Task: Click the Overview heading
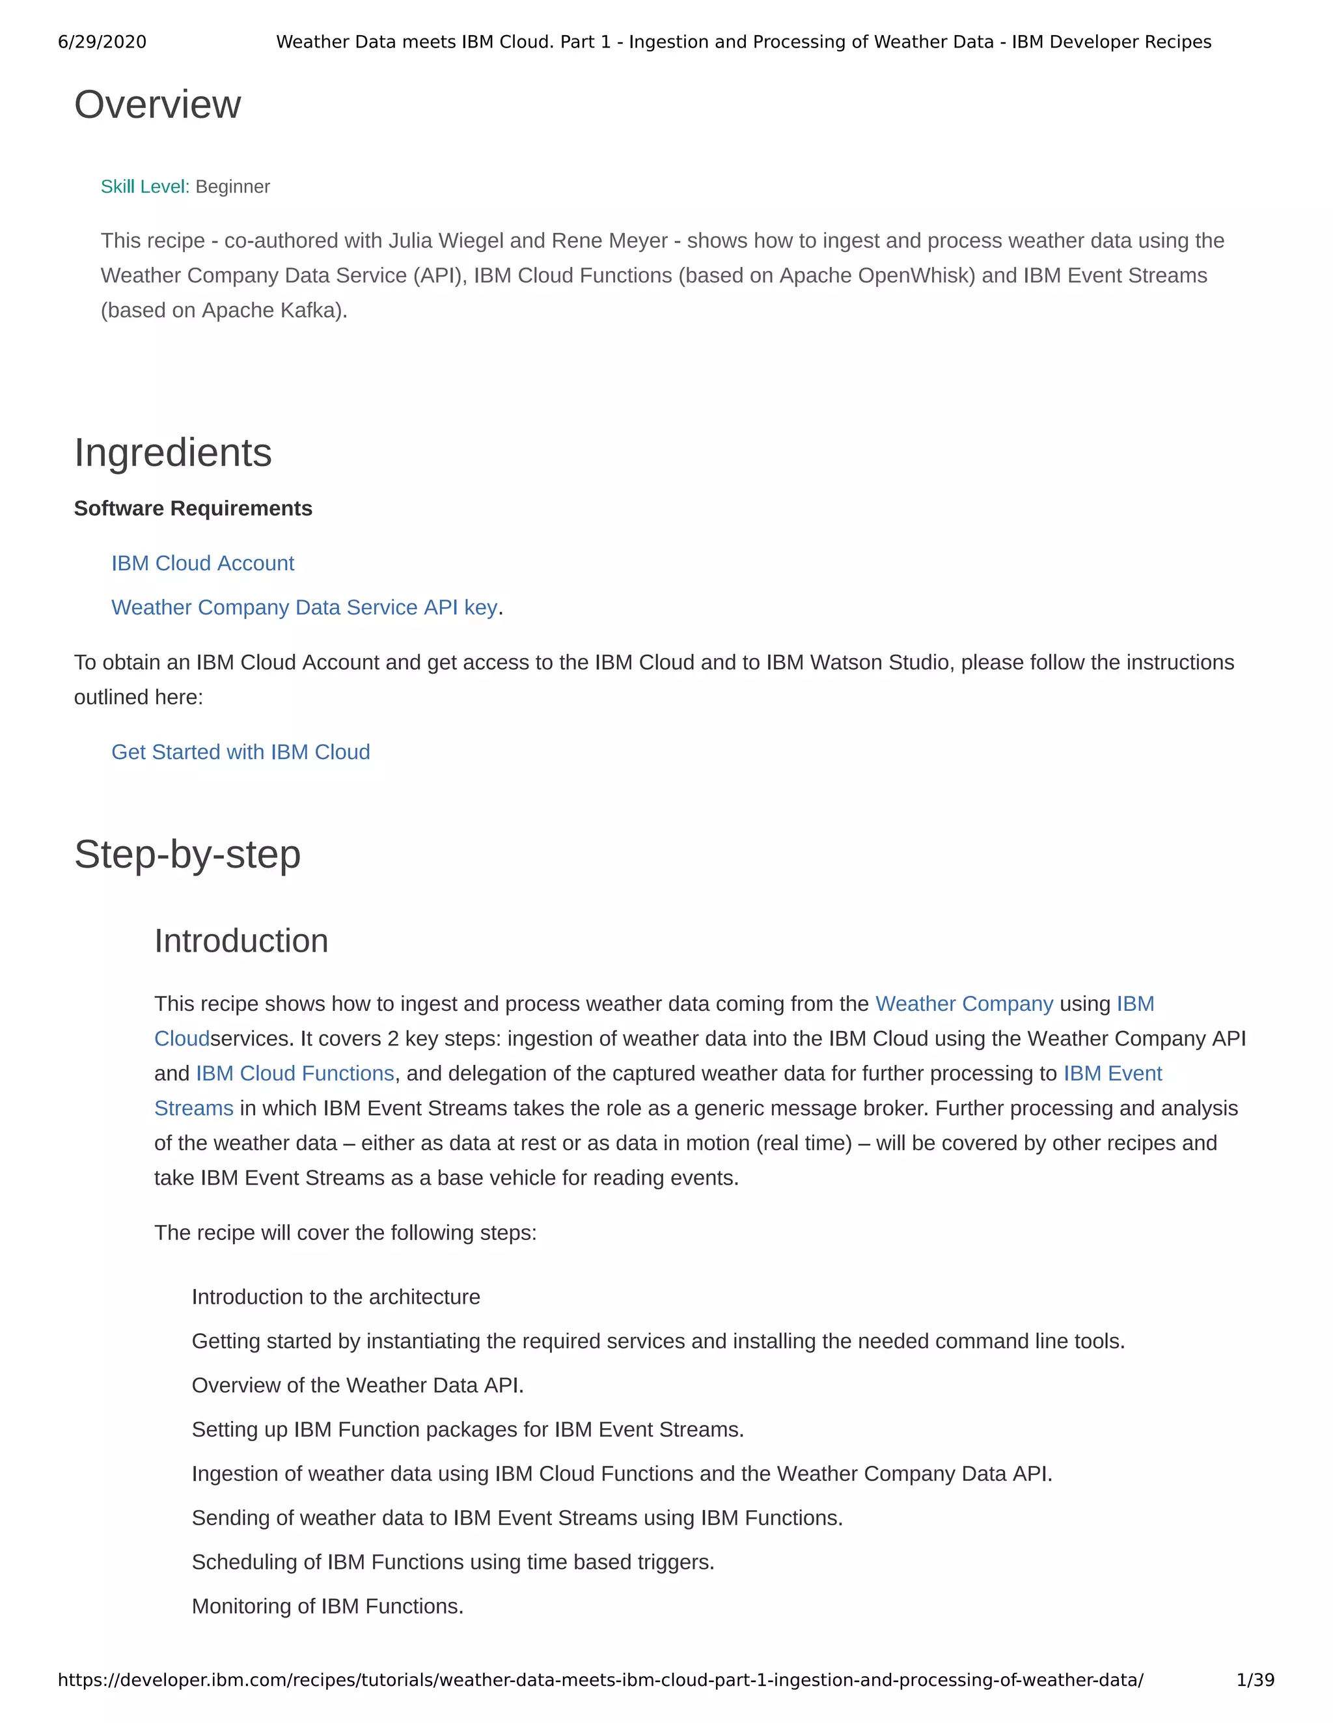click(157, 105)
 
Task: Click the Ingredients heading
click(172, 453)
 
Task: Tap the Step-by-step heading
click(187, 855)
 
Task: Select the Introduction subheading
click(241, 941)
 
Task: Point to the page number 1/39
click(1255, 1679)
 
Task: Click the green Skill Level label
click(144, 187)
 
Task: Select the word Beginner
click(232, 187)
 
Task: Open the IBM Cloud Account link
click(202, 563)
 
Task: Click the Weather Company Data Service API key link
click(304, 607)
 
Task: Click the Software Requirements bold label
click(193, 509)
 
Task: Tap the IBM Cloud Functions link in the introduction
click(294, 1074)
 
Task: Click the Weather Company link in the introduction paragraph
click(964, 1004)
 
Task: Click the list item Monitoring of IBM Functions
click(327, 1606)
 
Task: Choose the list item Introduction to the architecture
click(335, 1297)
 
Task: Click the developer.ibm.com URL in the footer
click(599, 1679)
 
